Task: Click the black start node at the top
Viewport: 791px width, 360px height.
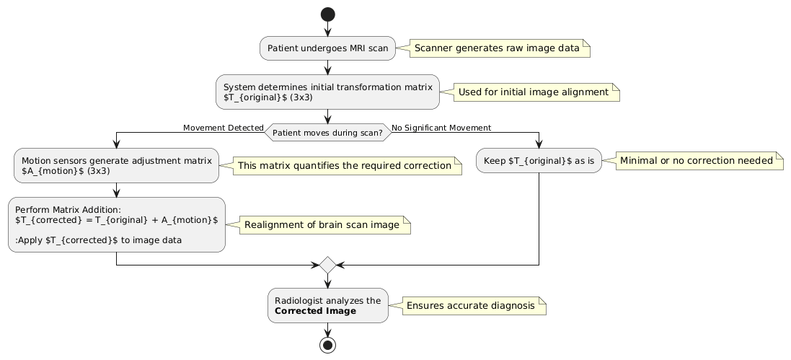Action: (x=328, y=14)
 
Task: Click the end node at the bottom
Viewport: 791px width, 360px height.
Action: (x=328, y=344)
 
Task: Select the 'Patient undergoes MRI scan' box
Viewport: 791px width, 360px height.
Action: (x=328, y=48)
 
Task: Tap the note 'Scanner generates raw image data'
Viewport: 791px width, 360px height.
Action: (x=497, y=48)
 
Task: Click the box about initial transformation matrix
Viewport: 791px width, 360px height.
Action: (x=328, y=92)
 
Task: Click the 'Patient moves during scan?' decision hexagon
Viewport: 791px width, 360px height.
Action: (x=328, y=133)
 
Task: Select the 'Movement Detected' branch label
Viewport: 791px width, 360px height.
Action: (x=223, y=128)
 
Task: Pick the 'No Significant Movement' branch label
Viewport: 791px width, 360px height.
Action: (x=441, y=128)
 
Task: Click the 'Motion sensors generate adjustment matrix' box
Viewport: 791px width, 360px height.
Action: (x=116, y=165)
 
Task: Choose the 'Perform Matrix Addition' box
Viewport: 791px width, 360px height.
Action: (x=116, y=224)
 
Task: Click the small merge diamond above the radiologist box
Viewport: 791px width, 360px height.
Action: (x=328, y=265)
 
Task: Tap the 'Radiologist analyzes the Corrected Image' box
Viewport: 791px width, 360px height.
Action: (x=328, y=305)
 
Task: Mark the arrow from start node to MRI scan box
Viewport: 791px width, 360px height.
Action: (x=328, y=28)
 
